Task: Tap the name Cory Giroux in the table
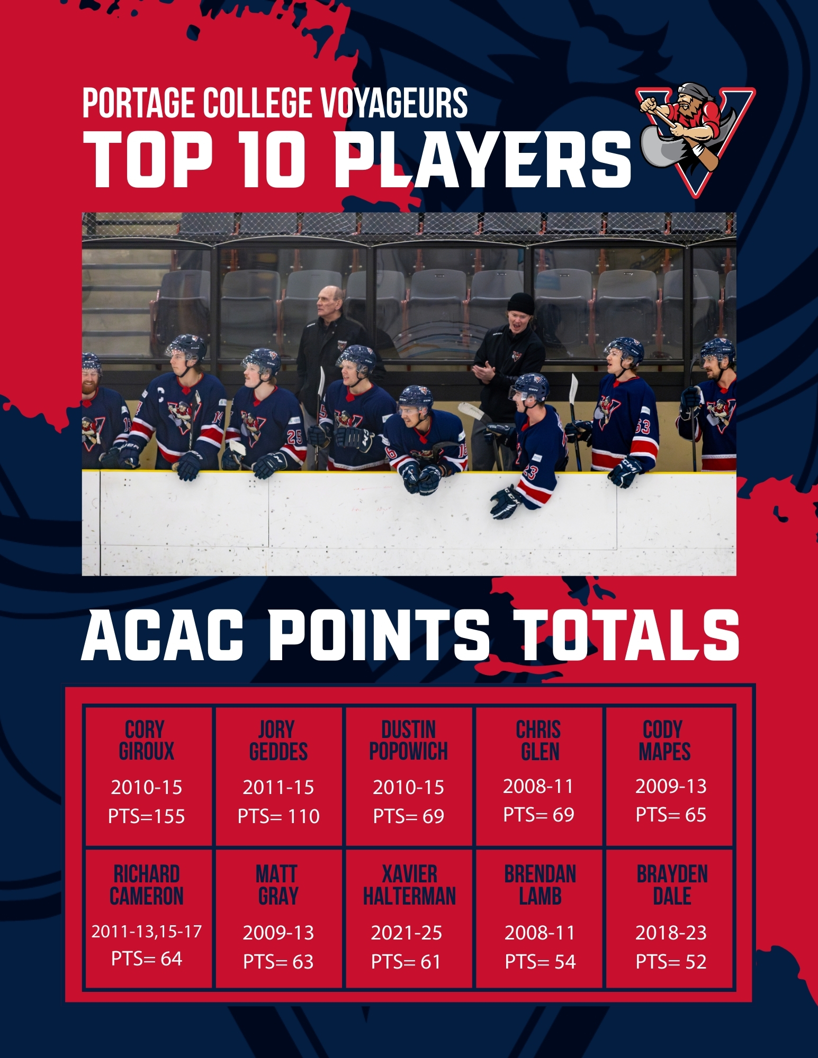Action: [x=147, y=741]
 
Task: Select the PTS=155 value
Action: [x=147, y=816]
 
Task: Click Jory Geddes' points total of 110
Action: [x=278, y=816]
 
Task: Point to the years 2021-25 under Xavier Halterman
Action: [x=407, y=933]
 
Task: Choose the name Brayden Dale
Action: [x=672, y=885]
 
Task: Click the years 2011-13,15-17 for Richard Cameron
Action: [x=147, y=931]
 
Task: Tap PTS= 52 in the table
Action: [x=671, y=961]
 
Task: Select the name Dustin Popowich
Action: [x=409, y=741]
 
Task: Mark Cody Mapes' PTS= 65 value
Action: [x=671, y=815]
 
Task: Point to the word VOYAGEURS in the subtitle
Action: [x=394, y=103]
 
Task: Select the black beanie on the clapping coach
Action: [x=520, y=303]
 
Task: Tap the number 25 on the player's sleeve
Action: [x=294, y=437]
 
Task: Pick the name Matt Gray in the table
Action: [x=277, y=885]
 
